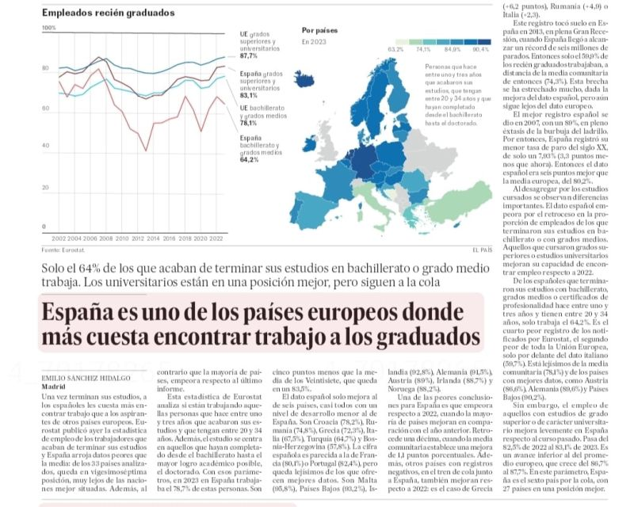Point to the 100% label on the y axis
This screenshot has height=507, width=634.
click(x=49, y=28)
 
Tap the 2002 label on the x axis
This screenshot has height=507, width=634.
click(x=59, y=238)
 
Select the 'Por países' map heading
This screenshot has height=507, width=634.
click(x=321, y=30)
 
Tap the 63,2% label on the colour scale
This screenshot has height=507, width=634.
click(x=395, y=49)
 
